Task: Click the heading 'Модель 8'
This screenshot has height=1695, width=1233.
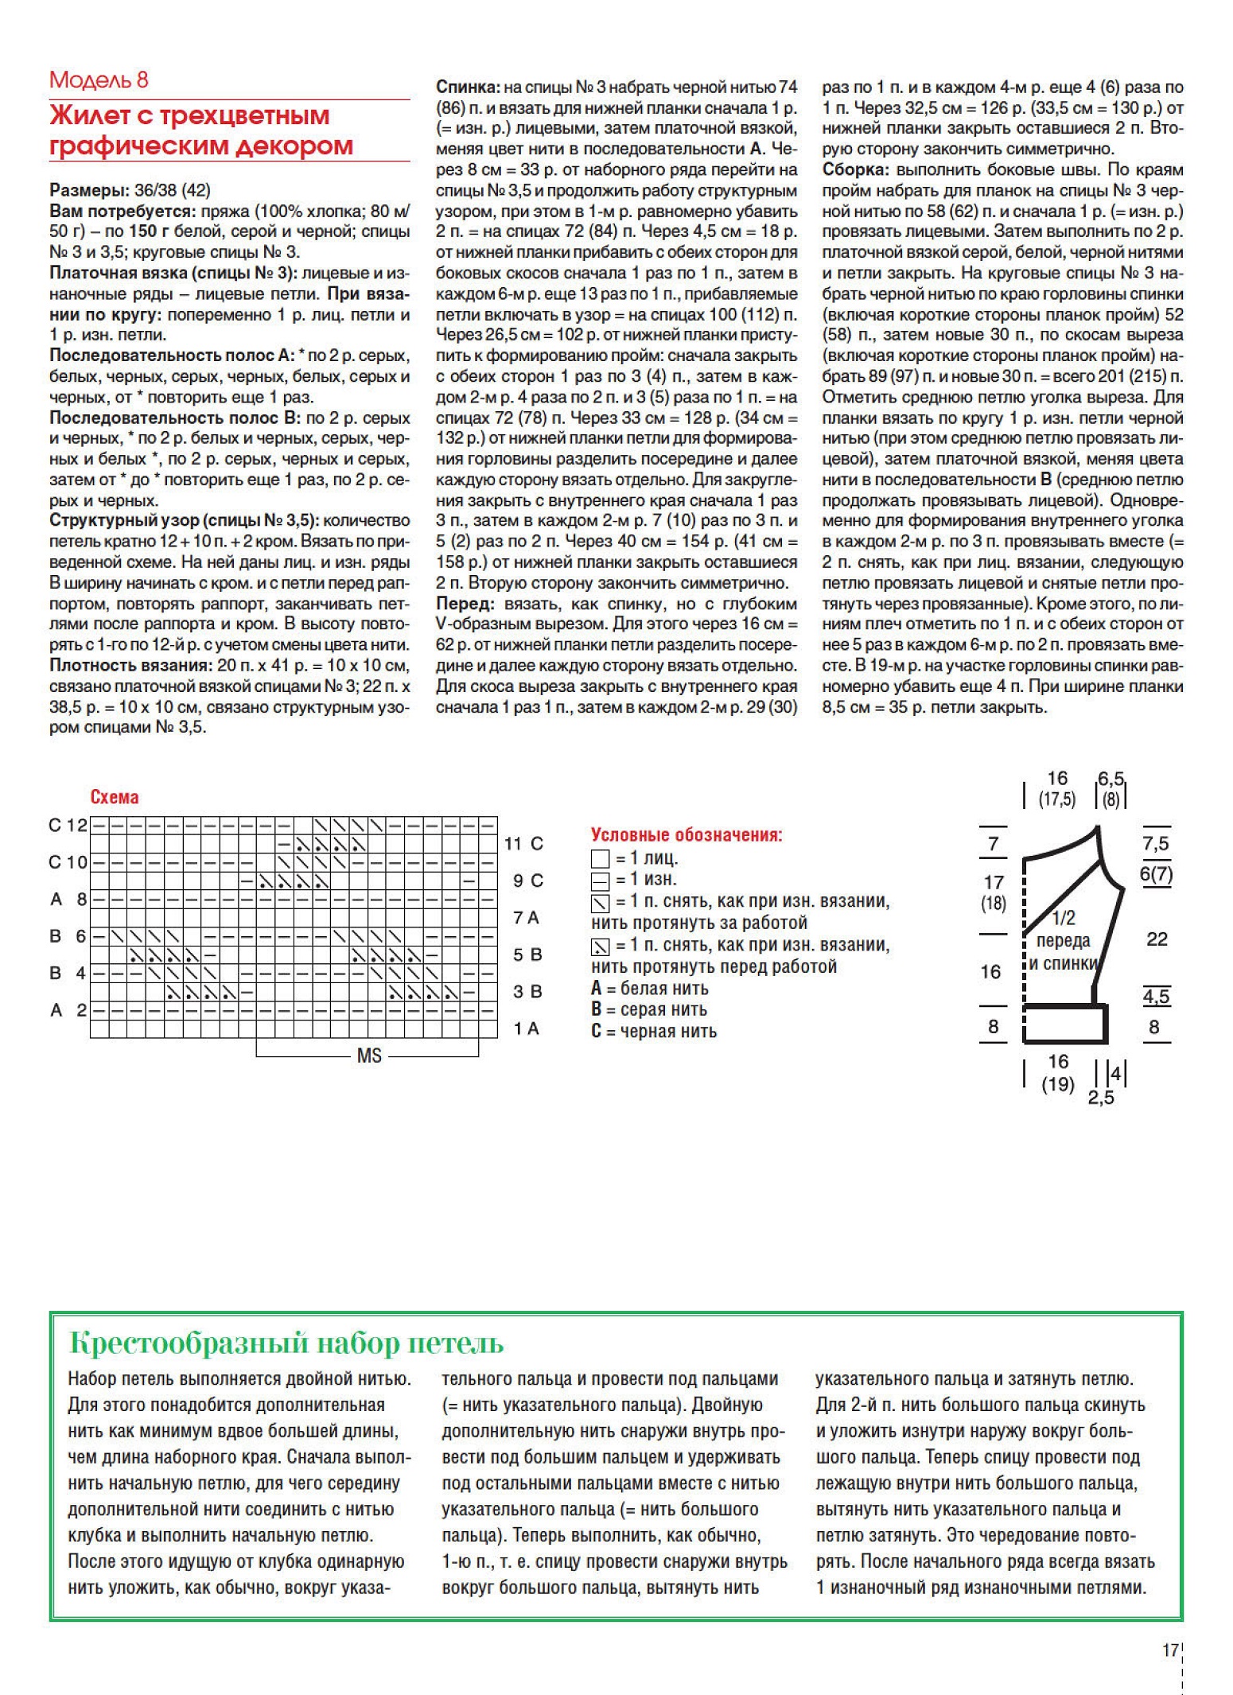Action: (x=99, y=80)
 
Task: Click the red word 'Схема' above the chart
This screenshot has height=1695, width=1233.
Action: (x=115, y=797)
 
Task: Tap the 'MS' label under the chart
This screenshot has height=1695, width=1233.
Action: (x=369, y=1056)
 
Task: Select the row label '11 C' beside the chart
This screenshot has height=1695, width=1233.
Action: (x=523, y=844)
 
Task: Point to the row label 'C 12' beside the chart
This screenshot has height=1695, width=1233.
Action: (x=68, y=826)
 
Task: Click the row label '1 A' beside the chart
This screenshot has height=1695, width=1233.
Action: (x=526, y=1029)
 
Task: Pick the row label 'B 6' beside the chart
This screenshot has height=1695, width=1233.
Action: (x=68, y=936)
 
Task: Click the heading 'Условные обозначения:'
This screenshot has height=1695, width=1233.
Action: (x=687, y=835)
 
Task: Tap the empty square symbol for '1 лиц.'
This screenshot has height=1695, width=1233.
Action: (x=600, y=859)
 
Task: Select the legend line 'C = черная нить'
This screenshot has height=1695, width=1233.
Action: (x=654, y=1032)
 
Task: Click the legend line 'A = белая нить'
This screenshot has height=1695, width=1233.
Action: (x=649, y=989)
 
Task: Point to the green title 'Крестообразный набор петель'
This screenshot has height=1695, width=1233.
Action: (x=286, y=1343)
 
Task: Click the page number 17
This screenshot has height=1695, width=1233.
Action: (x=1169, y=1650)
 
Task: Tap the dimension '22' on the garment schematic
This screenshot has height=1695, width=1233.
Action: (x=1157, y=939)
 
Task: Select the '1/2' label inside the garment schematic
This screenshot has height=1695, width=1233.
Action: (x=1064, y=919)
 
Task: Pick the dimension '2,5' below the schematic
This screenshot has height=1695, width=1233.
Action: (x=1101, y=1098)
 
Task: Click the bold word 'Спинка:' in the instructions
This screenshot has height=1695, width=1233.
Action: (x=468, y=87)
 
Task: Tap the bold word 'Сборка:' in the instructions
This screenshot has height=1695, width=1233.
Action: (x=856, y=170)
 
